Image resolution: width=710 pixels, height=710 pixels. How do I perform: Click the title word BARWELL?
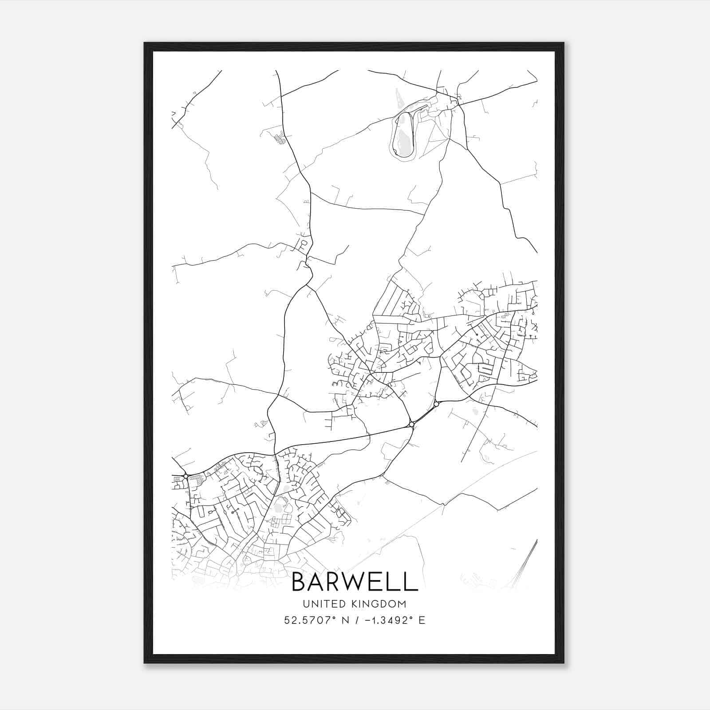tap(355, 582)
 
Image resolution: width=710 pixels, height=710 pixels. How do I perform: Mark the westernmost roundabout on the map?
tap(185, 476)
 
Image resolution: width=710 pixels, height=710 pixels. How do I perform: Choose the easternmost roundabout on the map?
tap(436, 404)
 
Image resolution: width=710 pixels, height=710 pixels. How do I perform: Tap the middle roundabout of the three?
tap(411, 425)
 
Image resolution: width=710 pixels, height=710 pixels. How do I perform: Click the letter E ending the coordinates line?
tap(422, 620)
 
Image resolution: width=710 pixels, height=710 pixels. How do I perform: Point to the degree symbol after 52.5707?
tap(340, 617)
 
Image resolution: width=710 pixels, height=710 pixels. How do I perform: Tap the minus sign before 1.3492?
tap(368, 620)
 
